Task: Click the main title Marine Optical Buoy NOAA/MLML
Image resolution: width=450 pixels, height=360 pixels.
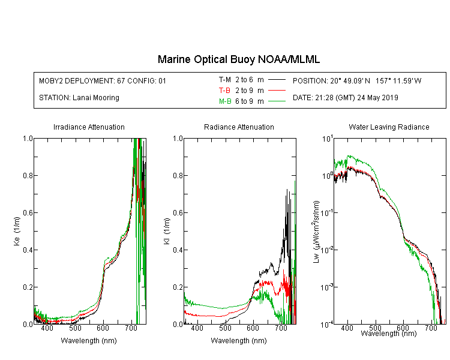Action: (238, 59)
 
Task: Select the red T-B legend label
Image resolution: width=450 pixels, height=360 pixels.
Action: (224, 91)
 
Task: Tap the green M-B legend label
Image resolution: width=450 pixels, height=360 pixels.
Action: (225, 101)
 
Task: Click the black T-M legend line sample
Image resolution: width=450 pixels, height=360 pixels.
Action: (277, 80)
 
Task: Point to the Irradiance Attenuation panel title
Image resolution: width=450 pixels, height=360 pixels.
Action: (89, 127)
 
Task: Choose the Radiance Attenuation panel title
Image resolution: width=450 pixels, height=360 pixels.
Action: (239, 127)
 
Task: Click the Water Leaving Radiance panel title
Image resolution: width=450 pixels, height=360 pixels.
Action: (389, 127)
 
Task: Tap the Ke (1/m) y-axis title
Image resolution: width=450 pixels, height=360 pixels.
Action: (17, 232)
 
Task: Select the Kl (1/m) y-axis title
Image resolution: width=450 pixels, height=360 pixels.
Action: (167, 232)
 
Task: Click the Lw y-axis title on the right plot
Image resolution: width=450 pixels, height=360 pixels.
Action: (316, 232)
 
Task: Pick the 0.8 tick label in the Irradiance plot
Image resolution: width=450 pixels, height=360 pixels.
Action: (28, 175)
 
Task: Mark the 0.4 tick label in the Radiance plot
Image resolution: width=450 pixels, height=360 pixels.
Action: (178, 250)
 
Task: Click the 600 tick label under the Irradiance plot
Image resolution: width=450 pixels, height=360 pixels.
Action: (103, 328)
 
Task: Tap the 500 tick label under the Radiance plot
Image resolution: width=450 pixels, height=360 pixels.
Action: (225, 328)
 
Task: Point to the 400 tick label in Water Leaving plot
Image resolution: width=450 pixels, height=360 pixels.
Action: (347, 328)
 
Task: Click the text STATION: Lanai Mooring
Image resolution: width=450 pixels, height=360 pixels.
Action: (79, 98)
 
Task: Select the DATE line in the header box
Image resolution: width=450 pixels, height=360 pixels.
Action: (345, 98)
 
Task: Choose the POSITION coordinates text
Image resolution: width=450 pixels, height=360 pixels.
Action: (357, 80)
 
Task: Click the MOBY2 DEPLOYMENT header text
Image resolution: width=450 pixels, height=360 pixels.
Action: (103, 80)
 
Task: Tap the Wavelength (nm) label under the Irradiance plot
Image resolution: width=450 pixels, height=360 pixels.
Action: (89, 340)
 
